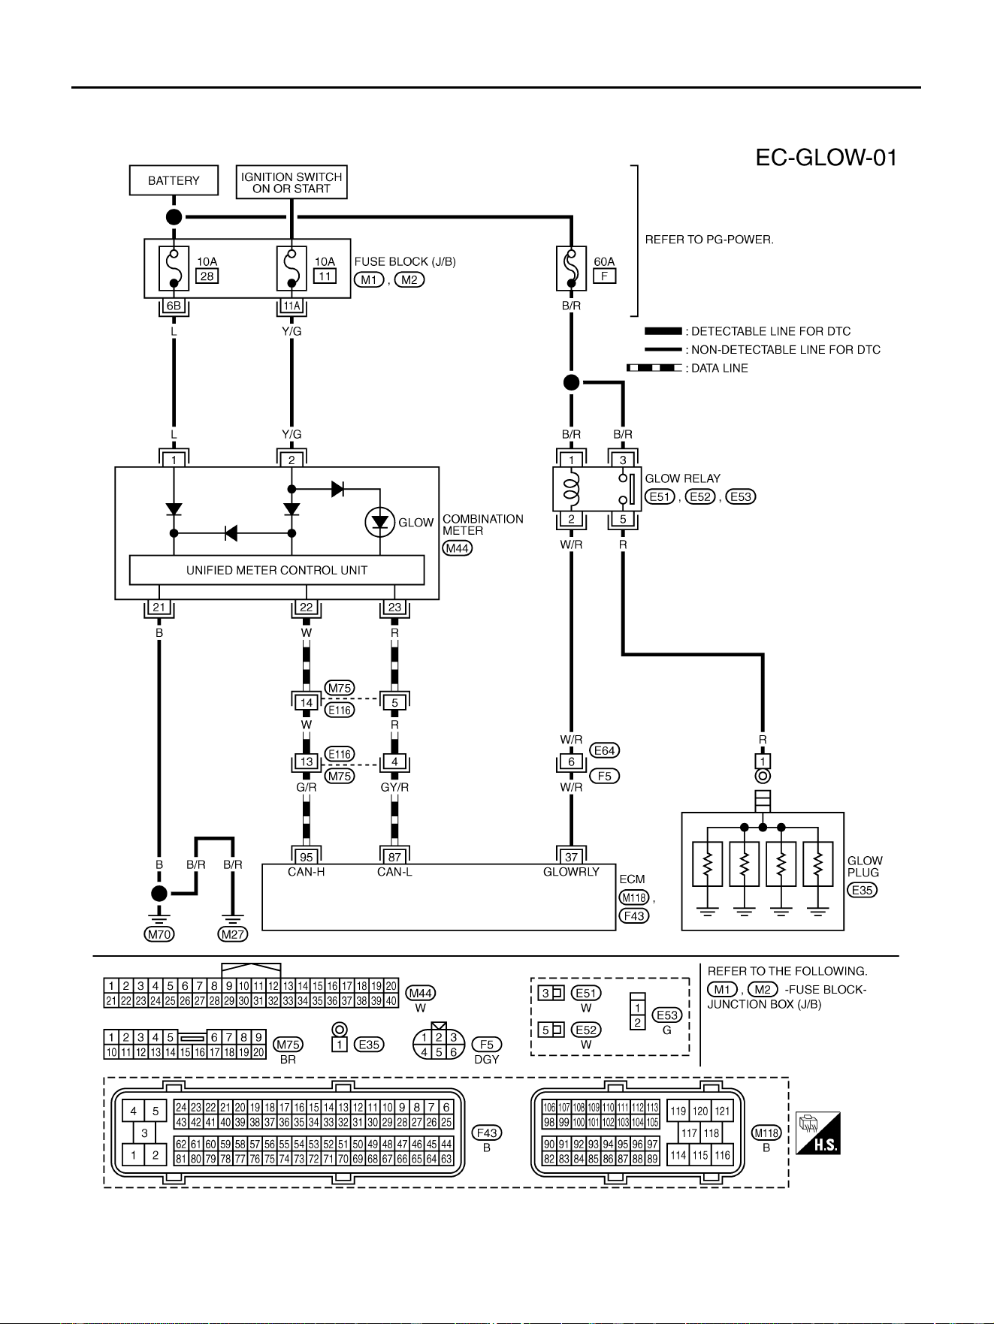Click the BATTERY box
point(174,180)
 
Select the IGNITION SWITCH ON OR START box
point(292,182)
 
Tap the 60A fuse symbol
point(571,268)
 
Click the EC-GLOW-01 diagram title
point(826,158)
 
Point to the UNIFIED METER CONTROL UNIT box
point(277,570)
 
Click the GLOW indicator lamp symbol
point(380,523)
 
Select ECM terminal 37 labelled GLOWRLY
point(571,857)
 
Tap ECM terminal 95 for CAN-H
point(307,857)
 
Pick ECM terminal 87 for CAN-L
point(394,857)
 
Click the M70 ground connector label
point(159,934)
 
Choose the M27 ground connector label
point(233,934)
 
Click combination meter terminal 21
point(159,608)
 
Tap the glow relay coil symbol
point(572,489)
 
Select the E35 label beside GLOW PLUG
point(863,890)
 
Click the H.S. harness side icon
point(817,1133)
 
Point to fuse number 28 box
point(207,276)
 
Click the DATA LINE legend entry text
point(720,368)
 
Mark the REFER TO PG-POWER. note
point(709,240)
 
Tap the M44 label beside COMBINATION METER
point(458,548)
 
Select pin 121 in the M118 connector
point(722,1111)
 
